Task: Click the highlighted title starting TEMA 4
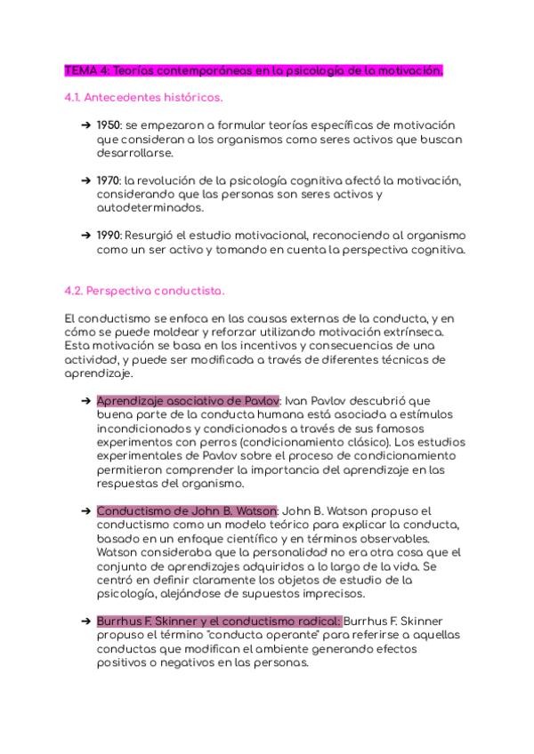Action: tap(254, 70)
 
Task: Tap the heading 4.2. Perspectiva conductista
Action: tap(145, 291)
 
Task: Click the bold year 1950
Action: tap(109, 124)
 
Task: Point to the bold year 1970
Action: tap(109, 180)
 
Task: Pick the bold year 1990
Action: tap(109, 235)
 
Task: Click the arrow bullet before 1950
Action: tap(85, 124)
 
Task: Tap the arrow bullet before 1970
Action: tap(85, 180)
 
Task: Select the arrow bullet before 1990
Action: tap(85, 235)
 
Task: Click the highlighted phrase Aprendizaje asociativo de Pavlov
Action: tap(188, 401)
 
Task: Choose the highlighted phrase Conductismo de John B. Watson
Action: tap(187, 511)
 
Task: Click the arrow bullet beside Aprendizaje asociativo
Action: tap(85, 401)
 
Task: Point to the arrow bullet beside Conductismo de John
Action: tap(85, 511)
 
